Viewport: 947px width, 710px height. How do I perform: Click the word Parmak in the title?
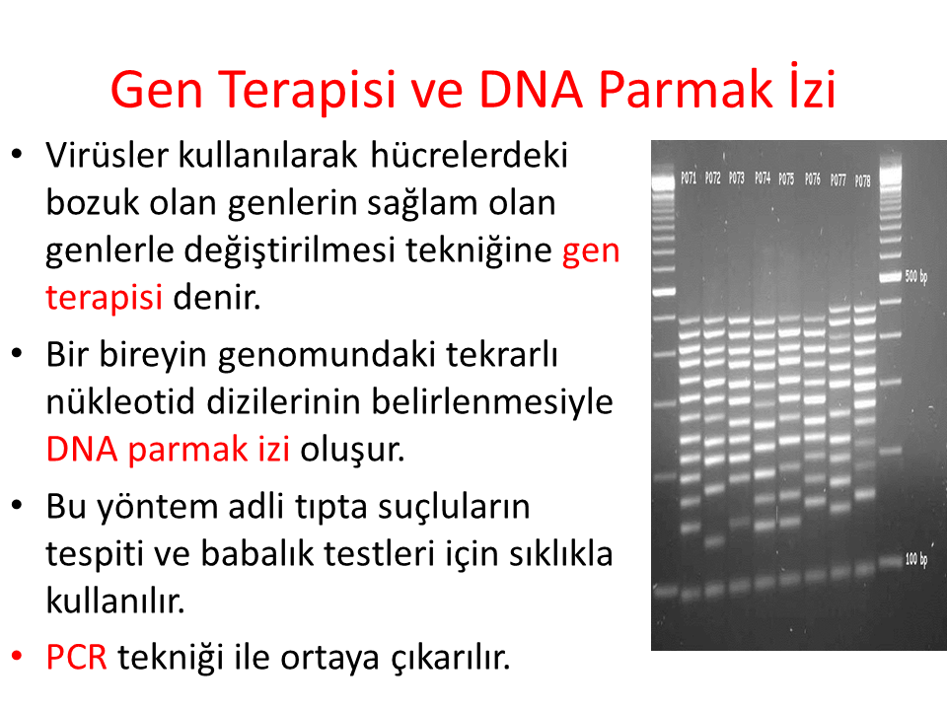[x=685, y=90]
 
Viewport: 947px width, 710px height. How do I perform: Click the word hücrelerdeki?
[x=470, y=155]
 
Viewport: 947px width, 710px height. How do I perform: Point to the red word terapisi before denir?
[x=104, y=298]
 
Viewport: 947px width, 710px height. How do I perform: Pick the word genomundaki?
[x=327, y=356]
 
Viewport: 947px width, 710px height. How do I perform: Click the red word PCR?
[x=77, y=657]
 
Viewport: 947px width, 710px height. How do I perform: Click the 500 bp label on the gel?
[x=916, y=276]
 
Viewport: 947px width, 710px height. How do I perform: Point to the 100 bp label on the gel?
[x=916, y=559]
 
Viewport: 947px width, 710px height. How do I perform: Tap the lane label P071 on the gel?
[x=689, y=177]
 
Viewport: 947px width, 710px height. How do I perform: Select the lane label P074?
[x=763, y=177]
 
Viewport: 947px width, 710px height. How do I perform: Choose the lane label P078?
[x=862, y=180]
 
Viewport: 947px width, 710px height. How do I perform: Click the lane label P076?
[x=812, y=178]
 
